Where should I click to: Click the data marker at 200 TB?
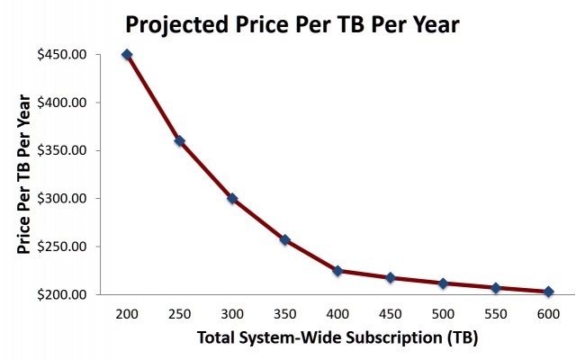pos(127,54)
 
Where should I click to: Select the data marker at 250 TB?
pos(179,140)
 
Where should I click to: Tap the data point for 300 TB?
pos(232,198)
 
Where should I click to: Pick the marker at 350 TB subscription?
pos(284,239)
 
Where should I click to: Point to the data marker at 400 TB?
pos(337,270)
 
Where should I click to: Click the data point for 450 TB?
pos(391,277)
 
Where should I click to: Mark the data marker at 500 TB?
pos(443,283)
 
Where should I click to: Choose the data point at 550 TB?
pos(496,288)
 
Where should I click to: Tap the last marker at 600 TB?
pos(548,291)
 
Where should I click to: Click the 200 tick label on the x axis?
pos(127,315)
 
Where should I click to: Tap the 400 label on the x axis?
pos(337,315)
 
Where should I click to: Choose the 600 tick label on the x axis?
pos(548,315)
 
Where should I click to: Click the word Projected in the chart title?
pos(175,23)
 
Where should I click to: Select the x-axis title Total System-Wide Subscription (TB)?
pos(337,339)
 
